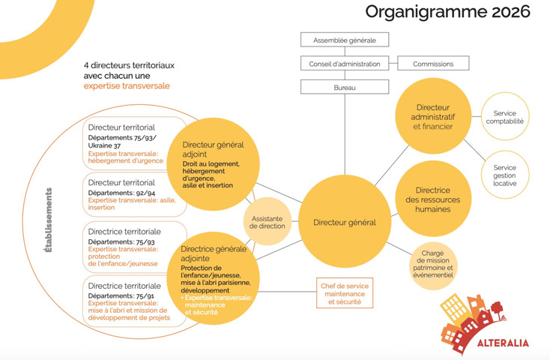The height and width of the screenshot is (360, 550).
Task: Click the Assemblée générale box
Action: click(x=344, y=40)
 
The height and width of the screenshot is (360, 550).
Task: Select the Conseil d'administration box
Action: click(x=344, y=64)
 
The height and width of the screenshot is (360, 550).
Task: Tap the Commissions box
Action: click(x=434, y=64)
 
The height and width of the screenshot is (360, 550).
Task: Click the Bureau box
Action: click(x=344, y=88)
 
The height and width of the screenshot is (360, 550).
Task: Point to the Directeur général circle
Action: click(x=344, y=222)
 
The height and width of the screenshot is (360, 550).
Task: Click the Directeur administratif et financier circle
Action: click(x=435, y=116)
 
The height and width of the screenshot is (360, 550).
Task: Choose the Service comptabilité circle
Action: click(x=505, y=116)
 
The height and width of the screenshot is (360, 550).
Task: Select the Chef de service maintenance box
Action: click(x=344, y=292)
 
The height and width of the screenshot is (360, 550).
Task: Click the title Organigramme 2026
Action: click(x=447, y=12)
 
